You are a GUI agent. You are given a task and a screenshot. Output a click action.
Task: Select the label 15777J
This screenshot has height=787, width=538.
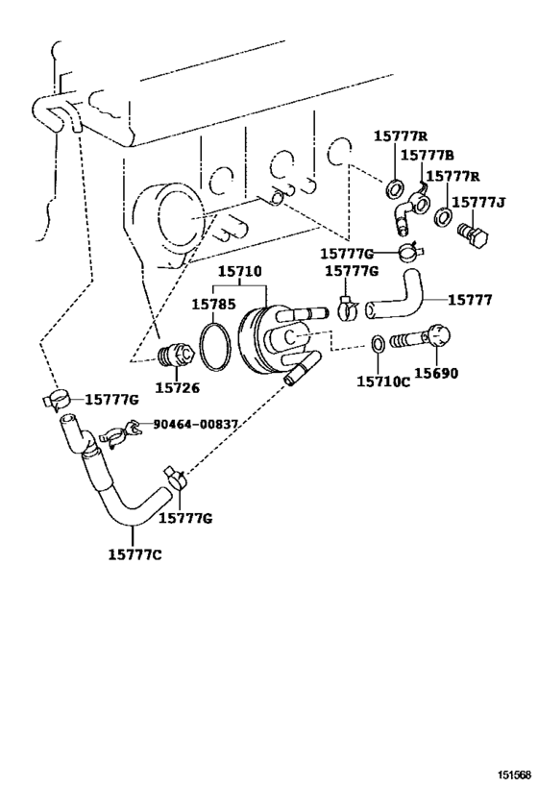477,203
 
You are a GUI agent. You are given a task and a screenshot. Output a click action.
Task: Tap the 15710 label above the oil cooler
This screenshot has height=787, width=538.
239,273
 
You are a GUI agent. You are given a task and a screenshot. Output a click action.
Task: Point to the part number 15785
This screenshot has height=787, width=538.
214,305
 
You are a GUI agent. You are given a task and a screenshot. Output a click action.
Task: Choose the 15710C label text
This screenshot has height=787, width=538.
383,381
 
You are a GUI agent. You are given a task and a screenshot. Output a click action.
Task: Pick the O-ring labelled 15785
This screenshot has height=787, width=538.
216,341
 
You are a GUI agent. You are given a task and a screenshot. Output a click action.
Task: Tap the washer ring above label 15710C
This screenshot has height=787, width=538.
378,340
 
